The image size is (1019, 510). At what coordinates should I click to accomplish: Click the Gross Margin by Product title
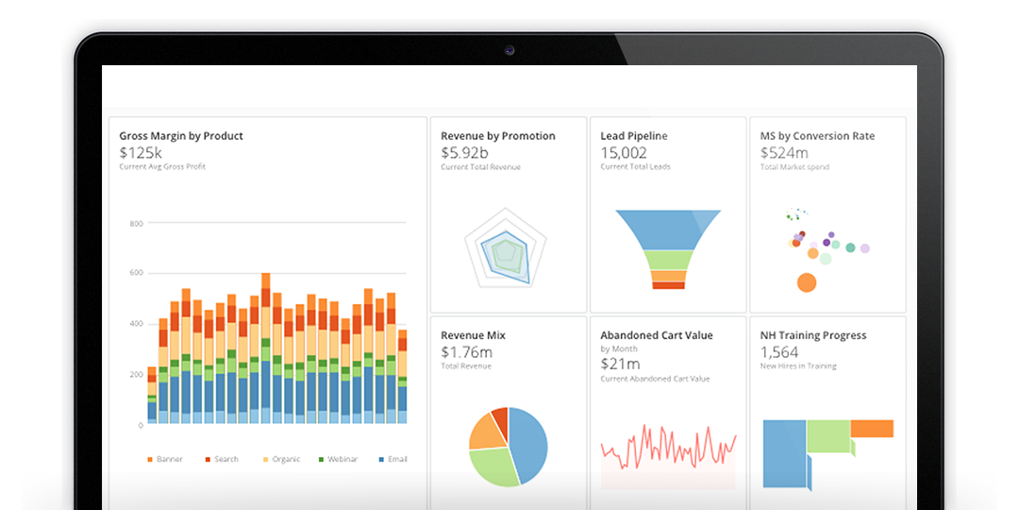pyautogui.click(x=181, y=136)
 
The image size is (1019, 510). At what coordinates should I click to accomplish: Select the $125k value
pyautogui.click(x=141, y=152)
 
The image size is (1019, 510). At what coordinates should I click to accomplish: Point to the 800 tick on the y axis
pyautogui.click(x=136, y=224)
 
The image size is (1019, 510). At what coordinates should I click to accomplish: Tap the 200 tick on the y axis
pyautogui.click(x=136, y=375)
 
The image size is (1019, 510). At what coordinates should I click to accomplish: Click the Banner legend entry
pyautogui.click(x=165, y=459)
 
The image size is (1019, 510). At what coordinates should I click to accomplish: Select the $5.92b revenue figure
pyautogui.click(x=464, y=152)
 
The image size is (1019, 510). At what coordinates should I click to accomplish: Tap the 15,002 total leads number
pyautogui.click(x=624, y=152)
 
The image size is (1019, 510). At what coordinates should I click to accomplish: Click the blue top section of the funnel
pyautogui.click(x=668, y=228)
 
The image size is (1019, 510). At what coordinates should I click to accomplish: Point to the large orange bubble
pyautogui.click(x=806, y=281)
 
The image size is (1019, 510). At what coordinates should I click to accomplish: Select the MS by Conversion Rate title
pyautogui.click(x=817, y=136)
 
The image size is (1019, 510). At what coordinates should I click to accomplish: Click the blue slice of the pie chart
pyautogui.click(x=528, y=444)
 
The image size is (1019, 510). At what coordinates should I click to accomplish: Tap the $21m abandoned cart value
pyautogui.click(x=620, y=364)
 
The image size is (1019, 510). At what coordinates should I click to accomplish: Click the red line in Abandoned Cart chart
pyautogui.click(x=668, y=444)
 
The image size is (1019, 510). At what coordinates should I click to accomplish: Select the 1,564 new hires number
pyautogui.click(x=779, y=351)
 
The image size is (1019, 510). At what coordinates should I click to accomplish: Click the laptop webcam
pyautogui.click(x=509, y=49)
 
